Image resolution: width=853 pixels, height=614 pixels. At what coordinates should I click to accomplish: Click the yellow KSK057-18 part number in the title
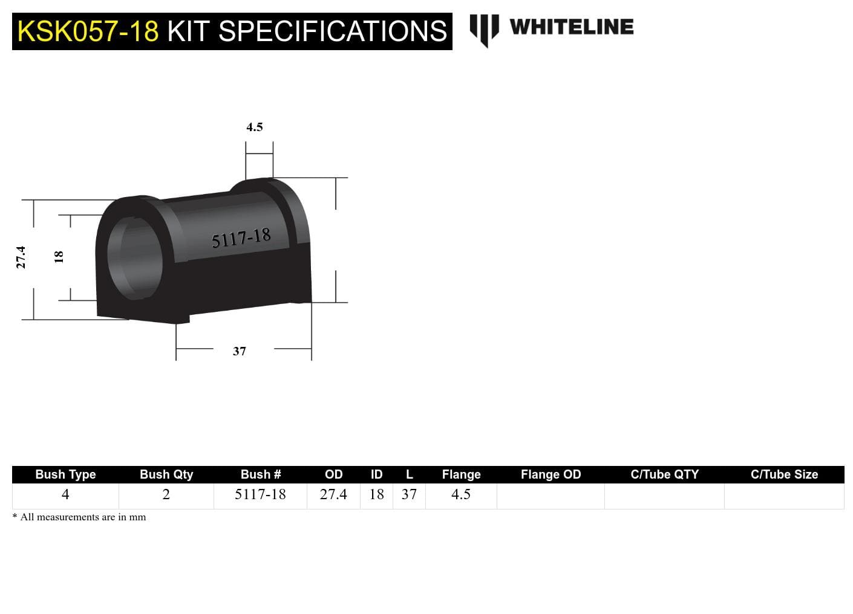pos(88,31)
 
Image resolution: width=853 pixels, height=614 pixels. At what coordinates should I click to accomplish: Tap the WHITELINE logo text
pos(571,27)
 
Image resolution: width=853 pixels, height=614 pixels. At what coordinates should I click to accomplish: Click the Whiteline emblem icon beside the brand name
pos(484,29)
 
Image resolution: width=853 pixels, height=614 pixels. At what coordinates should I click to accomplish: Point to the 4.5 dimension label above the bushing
pos(255,127)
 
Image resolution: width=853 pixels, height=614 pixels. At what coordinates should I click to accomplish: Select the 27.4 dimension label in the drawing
pos(21,257)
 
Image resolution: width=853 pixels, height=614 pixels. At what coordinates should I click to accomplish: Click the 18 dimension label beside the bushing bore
pos(59,256)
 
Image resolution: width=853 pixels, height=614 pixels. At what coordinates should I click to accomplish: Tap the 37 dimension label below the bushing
pos(240,351)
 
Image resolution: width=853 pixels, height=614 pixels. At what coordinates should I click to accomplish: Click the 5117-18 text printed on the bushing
pos(241,238)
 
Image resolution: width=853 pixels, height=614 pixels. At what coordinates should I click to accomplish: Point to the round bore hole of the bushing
pos(136,256)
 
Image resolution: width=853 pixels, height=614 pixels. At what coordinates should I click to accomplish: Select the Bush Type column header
pos(65,474)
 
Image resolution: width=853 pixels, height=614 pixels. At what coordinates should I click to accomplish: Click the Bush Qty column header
pos(166,474)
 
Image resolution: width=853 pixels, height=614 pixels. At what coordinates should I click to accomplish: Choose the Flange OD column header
pos(551,474)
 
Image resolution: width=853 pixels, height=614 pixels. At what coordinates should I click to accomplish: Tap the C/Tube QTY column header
pos(664,474)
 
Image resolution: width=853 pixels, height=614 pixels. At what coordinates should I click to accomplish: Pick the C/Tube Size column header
pos(784,474)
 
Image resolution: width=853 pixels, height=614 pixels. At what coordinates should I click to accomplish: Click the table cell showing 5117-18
pos(260,494)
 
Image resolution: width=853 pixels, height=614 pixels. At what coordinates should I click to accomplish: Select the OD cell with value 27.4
pos(333,494)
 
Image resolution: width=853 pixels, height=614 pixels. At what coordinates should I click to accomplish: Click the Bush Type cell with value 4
pos(65,494)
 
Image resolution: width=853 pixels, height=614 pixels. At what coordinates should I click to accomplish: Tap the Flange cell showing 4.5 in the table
pos(461,494)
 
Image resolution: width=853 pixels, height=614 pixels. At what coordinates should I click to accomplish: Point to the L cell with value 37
pos(409,494)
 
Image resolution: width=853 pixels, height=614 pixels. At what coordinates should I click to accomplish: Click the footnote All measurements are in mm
pos(79,517)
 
